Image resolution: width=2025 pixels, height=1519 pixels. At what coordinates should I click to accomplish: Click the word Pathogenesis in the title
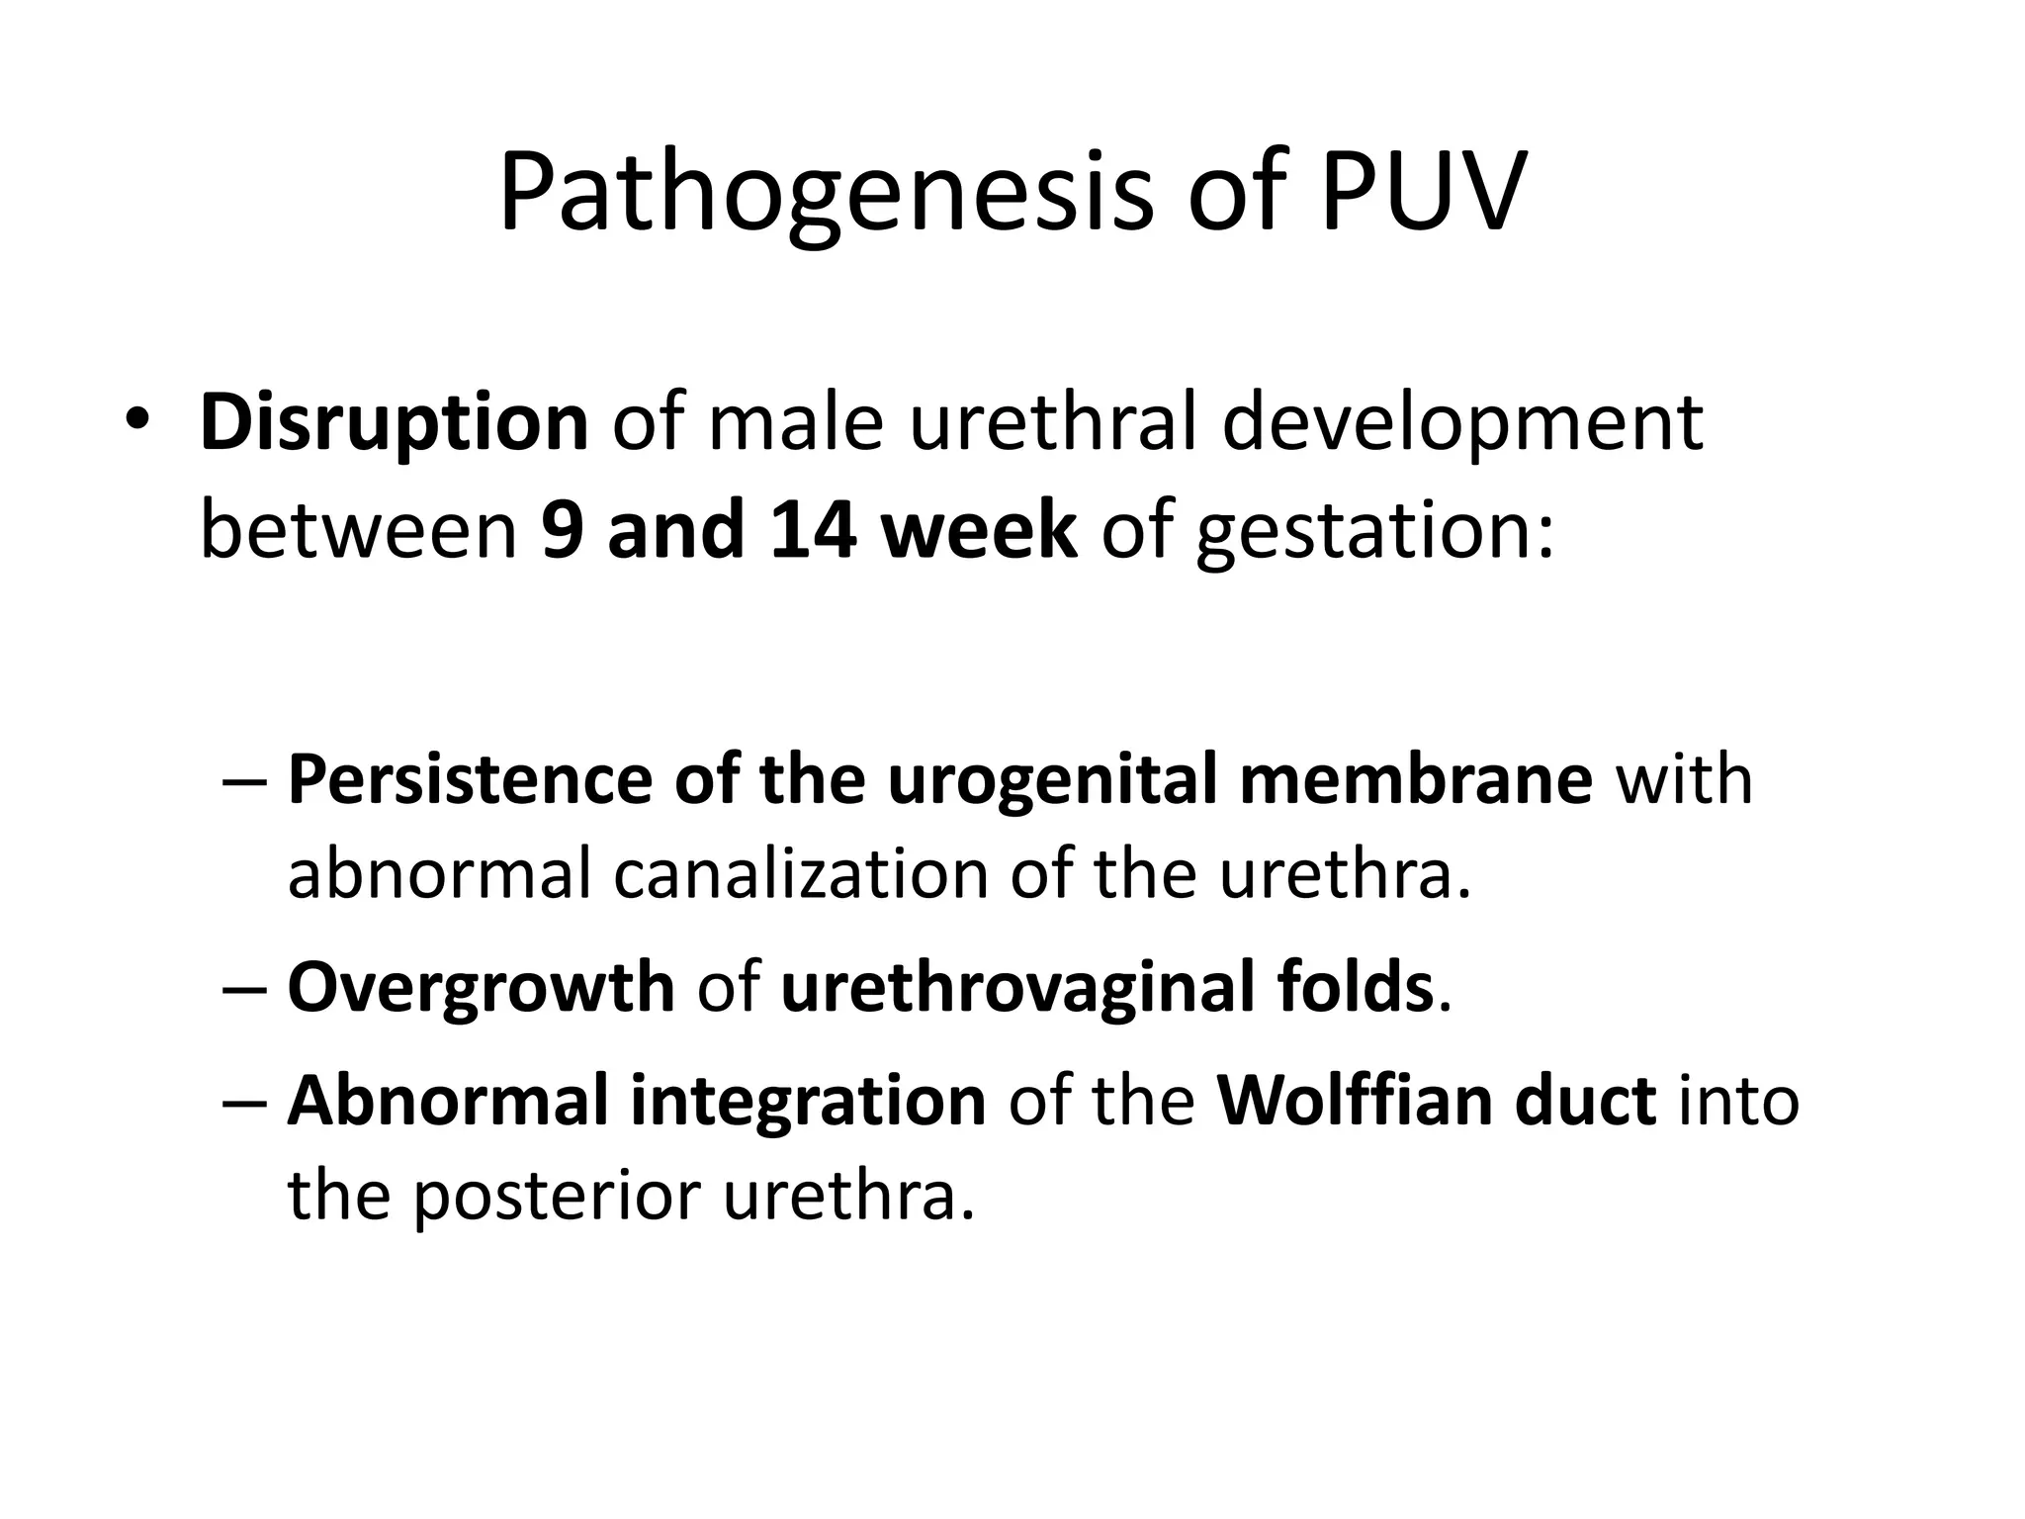[826, 192]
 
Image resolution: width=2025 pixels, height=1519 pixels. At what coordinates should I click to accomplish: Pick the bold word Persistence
[469, 779]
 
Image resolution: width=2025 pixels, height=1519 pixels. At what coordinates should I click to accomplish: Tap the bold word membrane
[1415, 779]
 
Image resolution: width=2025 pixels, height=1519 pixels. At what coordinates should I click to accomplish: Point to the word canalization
[801, 874]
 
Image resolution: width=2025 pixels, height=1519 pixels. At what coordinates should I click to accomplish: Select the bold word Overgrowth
[481, 987]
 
